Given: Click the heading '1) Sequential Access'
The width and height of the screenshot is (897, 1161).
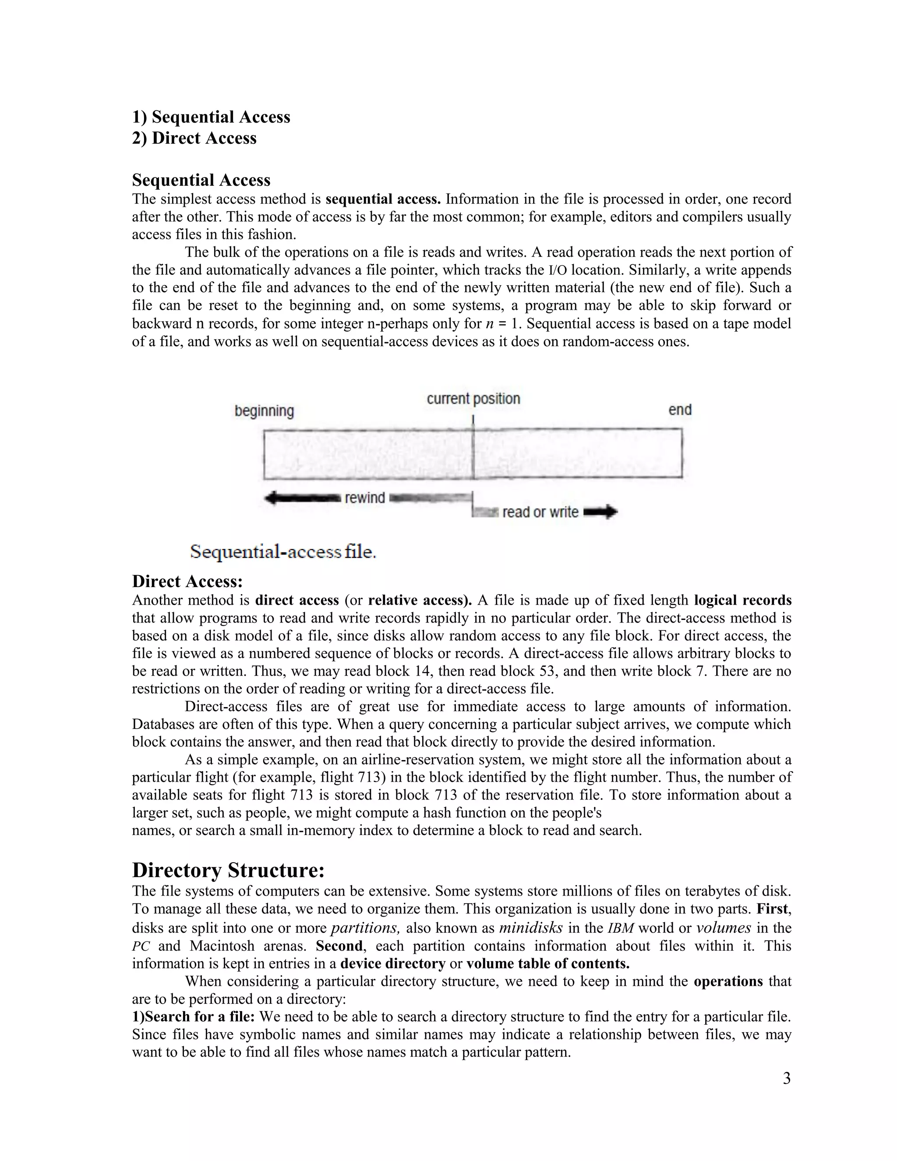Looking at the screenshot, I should pos(211,117).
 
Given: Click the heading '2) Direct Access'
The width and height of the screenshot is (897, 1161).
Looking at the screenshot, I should pos(194,138).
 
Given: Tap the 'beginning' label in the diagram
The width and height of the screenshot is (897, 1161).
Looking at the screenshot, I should pos(264,411).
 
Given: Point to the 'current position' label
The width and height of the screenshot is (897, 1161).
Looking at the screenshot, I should pos(473,399).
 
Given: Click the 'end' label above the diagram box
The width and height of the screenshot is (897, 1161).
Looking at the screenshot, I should pos(680,410).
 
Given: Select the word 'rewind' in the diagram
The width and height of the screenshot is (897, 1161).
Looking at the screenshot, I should pos(364,498).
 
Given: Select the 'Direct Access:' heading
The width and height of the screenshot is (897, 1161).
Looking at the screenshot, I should pos(187,581).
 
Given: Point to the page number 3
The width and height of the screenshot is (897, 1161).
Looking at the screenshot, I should pos(787,1079).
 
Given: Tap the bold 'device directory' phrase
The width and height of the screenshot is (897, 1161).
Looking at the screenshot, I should pos(393,964).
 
